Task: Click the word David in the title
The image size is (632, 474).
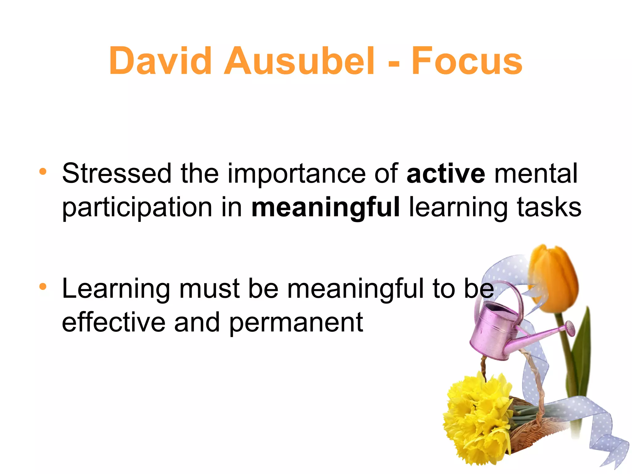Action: (160, 61)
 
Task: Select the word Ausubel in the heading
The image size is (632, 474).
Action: (299, 61)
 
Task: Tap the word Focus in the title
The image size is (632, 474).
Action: (467, 61)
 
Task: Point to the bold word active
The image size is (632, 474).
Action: (446, 174)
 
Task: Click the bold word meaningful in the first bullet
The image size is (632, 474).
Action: (326, 208)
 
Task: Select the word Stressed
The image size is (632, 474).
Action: (117, 174)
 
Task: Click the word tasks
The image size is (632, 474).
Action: (549, 207)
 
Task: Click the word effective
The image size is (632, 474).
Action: (114, 322)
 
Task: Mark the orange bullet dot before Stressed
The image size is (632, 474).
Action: (43, 171)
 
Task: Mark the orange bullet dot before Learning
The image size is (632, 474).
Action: (43, 287)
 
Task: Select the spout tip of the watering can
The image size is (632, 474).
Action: (570, 328)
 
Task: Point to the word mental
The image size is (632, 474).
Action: (536, 174)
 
